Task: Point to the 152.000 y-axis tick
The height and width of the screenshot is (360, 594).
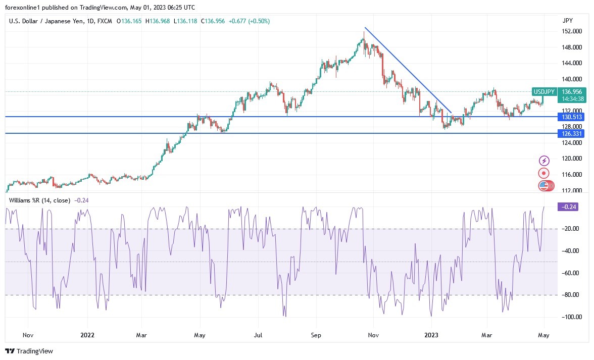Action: pos(572,31)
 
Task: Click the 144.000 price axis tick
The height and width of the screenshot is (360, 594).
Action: pos(572,63)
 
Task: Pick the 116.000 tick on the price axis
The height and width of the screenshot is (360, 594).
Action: pos(572,175)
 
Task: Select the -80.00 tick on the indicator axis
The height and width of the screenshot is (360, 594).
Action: pos(570,295)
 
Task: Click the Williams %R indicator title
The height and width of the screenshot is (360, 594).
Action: pos(40,200)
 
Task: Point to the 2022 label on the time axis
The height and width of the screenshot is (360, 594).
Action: pos(87,335)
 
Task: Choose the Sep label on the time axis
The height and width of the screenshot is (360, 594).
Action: pos(316,335)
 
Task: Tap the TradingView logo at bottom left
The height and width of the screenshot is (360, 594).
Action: pos(29,351)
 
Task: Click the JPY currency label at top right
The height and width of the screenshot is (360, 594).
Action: pos(567,20)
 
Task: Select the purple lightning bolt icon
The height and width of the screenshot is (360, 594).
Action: pos(544,161)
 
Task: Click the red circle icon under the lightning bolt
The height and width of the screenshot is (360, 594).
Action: pos(544,173)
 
